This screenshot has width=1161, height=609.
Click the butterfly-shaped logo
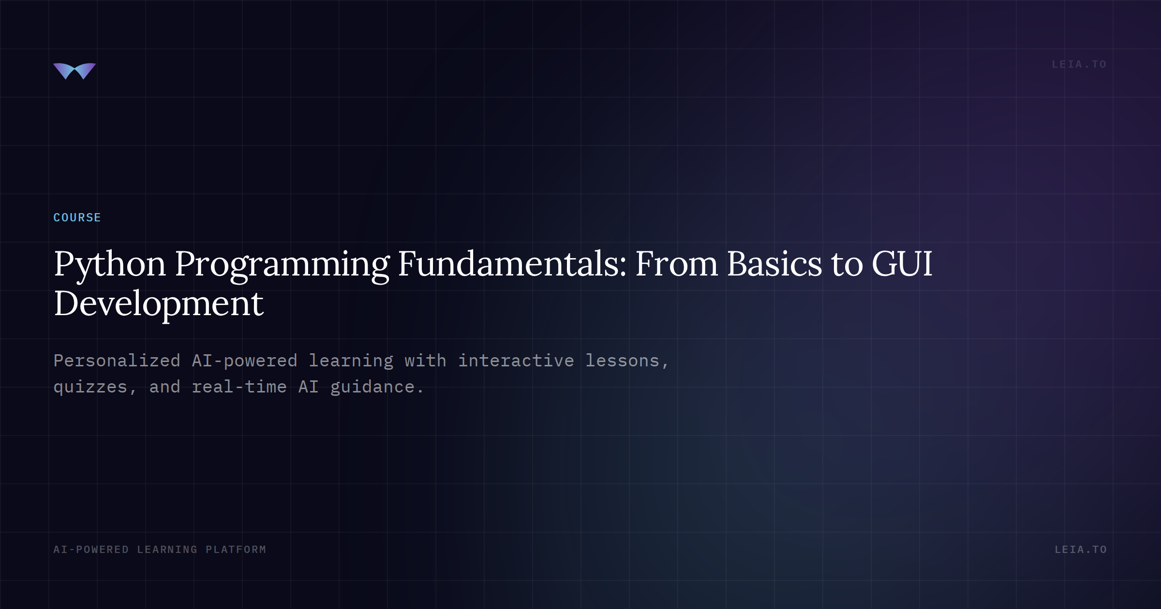(74, 71)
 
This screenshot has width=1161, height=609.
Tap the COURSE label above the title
(77, 217)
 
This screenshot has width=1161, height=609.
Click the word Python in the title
(110, 265)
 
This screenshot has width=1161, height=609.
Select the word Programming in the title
(282, 265)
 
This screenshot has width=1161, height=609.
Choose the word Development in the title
(159, 304)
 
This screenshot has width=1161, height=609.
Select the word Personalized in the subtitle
(117, 361)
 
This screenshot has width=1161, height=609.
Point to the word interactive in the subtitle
(516, 361)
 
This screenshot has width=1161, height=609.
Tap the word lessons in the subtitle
(623, 361)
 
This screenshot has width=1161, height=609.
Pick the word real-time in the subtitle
(239, 387)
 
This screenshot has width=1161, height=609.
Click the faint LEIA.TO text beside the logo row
(1079, 64)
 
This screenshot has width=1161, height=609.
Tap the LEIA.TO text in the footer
(1081, 550)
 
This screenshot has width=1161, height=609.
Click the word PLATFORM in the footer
(236, 550)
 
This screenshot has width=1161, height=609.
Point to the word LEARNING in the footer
(167, 550)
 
